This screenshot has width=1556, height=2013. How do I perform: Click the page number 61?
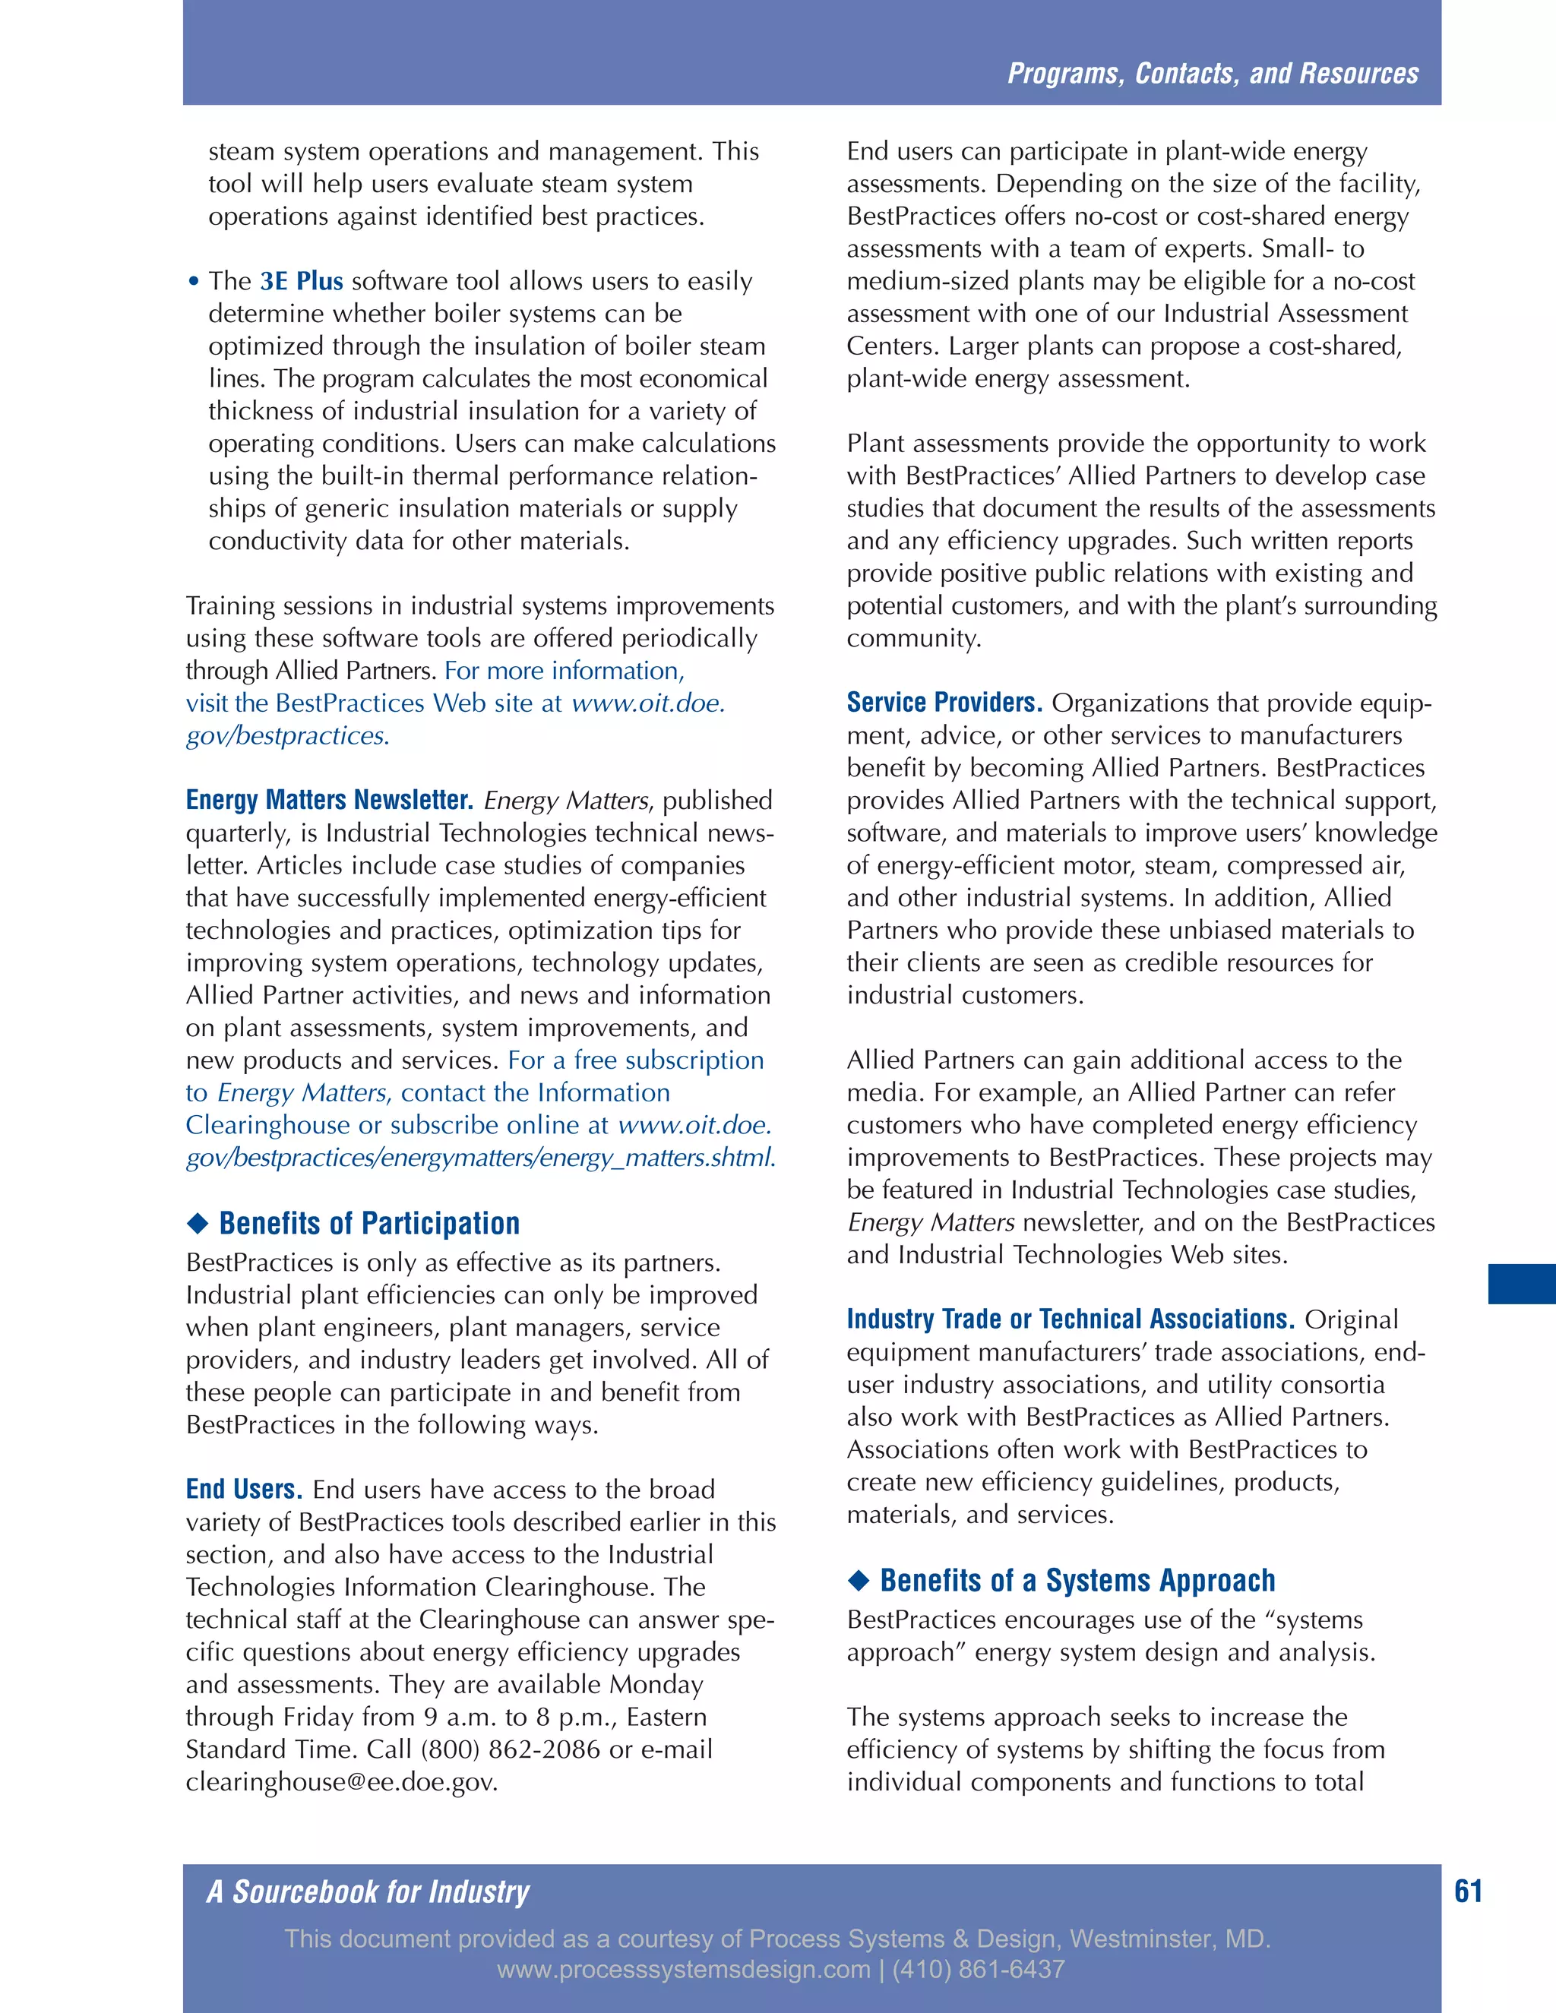pyautogui.click(x=1468, y=1891)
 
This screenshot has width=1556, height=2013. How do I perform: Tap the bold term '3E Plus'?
pyautogui.click(x=302, y=281)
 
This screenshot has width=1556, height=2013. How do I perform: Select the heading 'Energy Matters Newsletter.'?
pyautogui.click(x=330, y=800)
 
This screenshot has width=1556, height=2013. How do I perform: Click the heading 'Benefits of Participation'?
pyautogui.click(x=368, y=1223)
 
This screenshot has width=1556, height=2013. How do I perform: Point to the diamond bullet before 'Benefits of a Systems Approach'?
pyautogui.click(x=859, y=1581)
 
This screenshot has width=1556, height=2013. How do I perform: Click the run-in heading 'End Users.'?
pyautogui.click(x=245, y=1490)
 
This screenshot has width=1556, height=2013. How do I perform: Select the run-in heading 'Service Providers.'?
pyautogui.click(x=944, y=703)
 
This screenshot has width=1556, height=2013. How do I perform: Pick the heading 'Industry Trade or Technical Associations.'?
pyautogui.click(x=1071, y=1319)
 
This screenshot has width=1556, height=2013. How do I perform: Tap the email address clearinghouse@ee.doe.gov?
pyautogui.click(x=341, y=1781)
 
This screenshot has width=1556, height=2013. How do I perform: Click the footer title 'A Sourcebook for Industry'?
pyautogui.click(x=368, y=1891)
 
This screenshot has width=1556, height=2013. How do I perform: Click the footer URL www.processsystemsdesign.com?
pyautogui.click(x=683, y=1970)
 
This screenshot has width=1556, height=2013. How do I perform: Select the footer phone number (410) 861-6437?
pyautogui.click(x=978, y=1970)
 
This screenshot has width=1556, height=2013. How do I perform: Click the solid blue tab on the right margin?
pyautogui.click(x=1521, y=1284)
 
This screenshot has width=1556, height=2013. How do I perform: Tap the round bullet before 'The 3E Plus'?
pyautogui.click(x=194, y=282)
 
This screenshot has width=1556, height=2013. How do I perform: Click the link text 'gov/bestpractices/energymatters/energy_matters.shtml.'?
pyautogui.click(x=480, y=1158)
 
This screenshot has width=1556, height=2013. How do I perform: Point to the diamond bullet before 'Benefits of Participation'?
pyautogui.click(x=198, y=1224)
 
